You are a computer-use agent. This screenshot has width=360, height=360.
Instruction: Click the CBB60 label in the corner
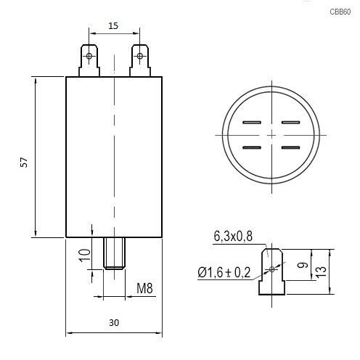tap(340, 12)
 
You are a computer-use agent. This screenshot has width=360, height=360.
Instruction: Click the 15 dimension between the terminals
tap(113, 25)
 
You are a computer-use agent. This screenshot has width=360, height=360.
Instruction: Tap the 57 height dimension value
tap(24, 162)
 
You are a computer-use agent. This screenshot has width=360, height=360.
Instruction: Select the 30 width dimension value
tap(114, 322)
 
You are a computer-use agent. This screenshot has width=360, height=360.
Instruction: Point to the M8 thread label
tap(144, 288)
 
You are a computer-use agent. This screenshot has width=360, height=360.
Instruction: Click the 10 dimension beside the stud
tap(84, 255)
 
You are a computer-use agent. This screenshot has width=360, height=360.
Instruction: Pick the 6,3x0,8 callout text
tap(233, 236)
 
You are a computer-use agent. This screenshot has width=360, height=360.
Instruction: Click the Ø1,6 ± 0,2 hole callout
tap(224, 273)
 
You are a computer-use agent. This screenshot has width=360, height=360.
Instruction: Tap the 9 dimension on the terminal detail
tap(303, 265)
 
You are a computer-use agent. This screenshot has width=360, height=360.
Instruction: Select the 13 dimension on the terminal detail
tap(321, 272)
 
